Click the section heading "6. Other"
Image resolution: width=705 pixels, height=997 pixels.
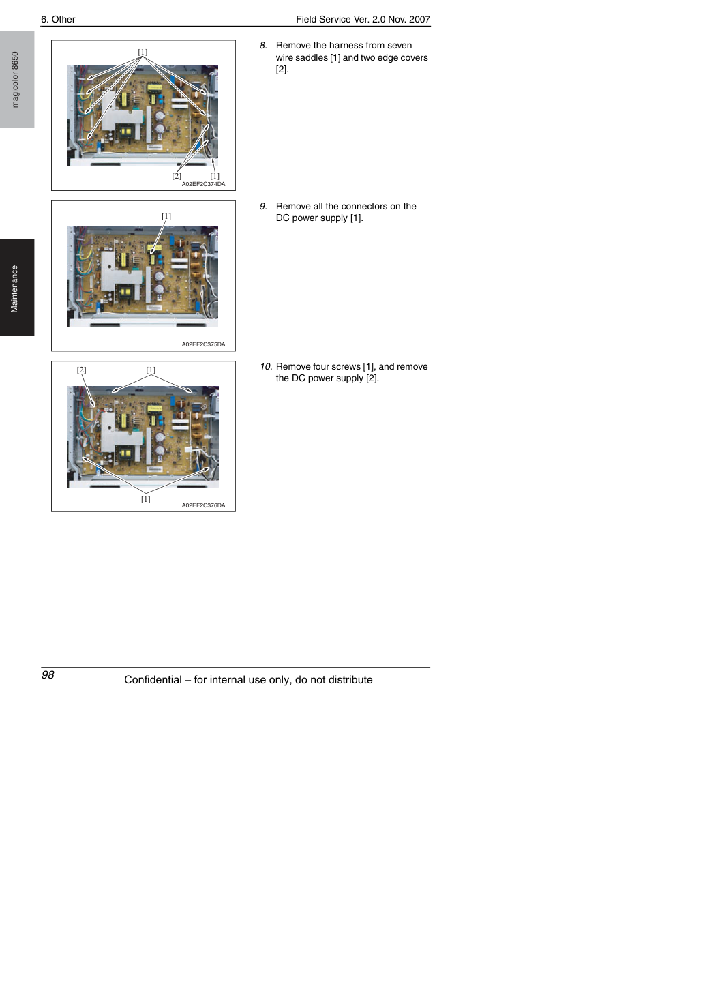[58, 19]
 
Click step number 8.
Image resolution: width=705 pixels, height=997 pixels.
[263, 46]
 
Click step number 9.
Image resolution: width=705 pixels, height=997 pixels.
[263, 206]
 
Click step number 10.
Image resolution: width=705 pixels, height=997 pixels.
[266, 366]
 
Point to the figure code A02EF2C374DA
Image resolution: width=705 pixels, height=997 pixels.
[203, 184]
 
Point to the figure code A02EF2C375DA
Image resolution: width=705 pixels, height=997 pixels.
[203, 344]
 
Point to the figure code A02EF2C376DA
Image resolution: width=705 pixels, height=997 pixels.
[203, 505]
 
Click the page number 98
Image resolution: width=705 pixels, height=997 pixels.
[48, 674]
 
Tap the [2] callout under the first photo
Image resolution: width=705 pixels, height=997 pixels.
[177, 176]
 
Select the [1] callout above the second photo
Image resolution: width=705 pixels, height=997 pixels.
[166, 216]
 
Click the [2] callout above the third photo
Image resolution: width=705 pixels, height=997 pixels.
[81, 370]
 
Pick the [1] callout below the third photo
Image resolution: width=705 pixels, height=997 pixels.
[145, 499]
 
